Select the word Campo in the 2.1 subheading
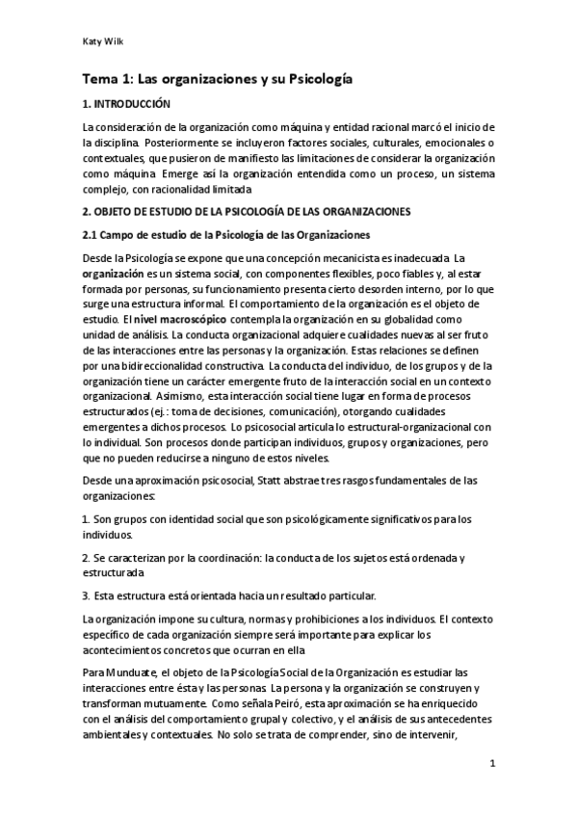point(121,235)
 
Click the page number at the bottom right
point(492,765)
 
